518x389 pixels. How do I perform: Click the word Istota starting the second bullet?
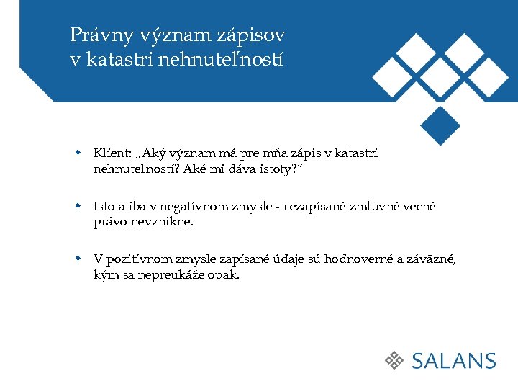[109, 207]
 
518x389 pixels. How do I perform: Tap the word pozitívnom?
[140, 259]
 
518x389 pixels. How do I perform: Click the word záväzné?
[433, 259]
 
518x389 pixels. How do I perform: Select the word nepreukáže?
[170, 275]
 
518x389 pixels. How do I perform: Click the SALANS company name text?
[454, 361]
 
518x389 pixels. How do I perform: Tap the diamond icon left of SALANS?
[394, 361]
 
